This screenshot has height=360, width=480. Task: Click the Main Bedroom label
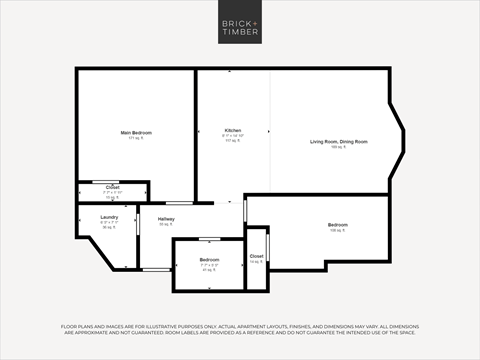pos(136,132)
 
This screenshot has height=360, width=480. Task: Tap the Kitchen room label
pos(233,131)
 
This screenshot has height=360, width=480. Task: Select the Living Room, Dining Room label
pos(338,142)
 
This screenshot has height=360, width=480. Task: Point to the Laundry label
pos(109,217)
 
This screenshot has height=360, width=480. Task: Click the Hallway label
pos(165,219)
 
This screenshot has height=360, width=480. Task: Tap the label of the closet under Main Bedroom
pos(113,187)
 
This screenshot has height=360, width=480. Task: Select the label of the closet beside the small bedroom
pos(257,256)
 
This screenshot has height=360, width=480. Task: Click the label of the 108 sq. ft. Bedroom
pos(338,225)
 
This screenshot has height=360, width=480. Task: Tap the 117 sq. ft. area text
pos(232,141)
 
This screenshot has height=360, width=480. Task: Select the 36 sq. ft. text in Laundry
pos(108,227)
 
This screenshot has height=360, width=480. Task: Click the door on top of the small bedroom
pos(209,239)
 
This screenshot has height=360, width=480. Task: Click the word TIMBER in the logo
pos(240,31)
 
